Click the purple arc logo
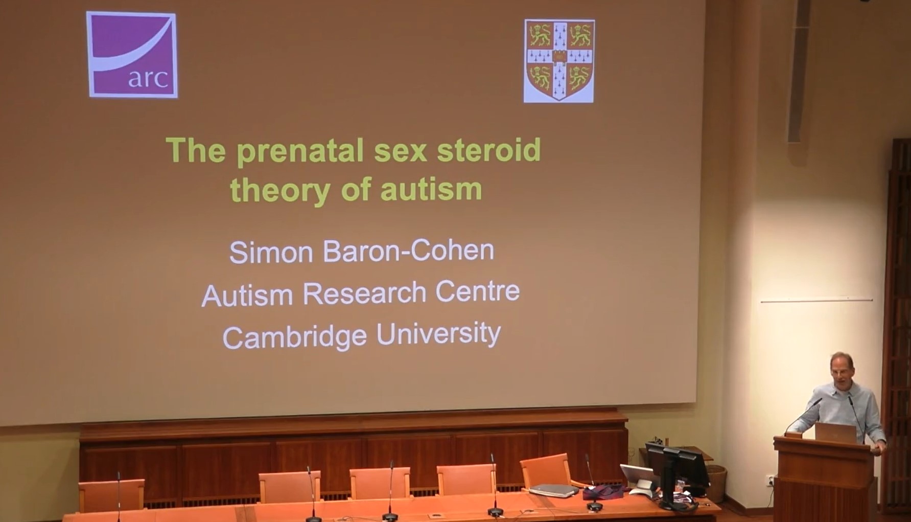pyautogui.click(x=132, y=54)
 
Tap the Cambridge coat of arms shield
pyautogui.click(x=559, y=60)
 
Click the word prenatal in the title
pyautogui.click(x=300, y=151)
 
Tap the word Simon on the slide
pyautogui.click(x=271, y=252)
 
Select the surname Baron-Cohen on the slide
pyautogui.click(x=408, y=251)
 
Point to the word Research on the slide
pyautogui.click(x=364, y=293)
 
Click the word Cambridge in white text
pyautogui.click(x=295, y=337)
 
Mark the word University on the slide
pyautogui.click(x=438, y=335)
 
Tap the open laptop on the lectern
pyautogui.click(x=835, y=433)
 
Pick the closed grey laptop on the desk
pyautogui.click(x=554, y=490)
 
